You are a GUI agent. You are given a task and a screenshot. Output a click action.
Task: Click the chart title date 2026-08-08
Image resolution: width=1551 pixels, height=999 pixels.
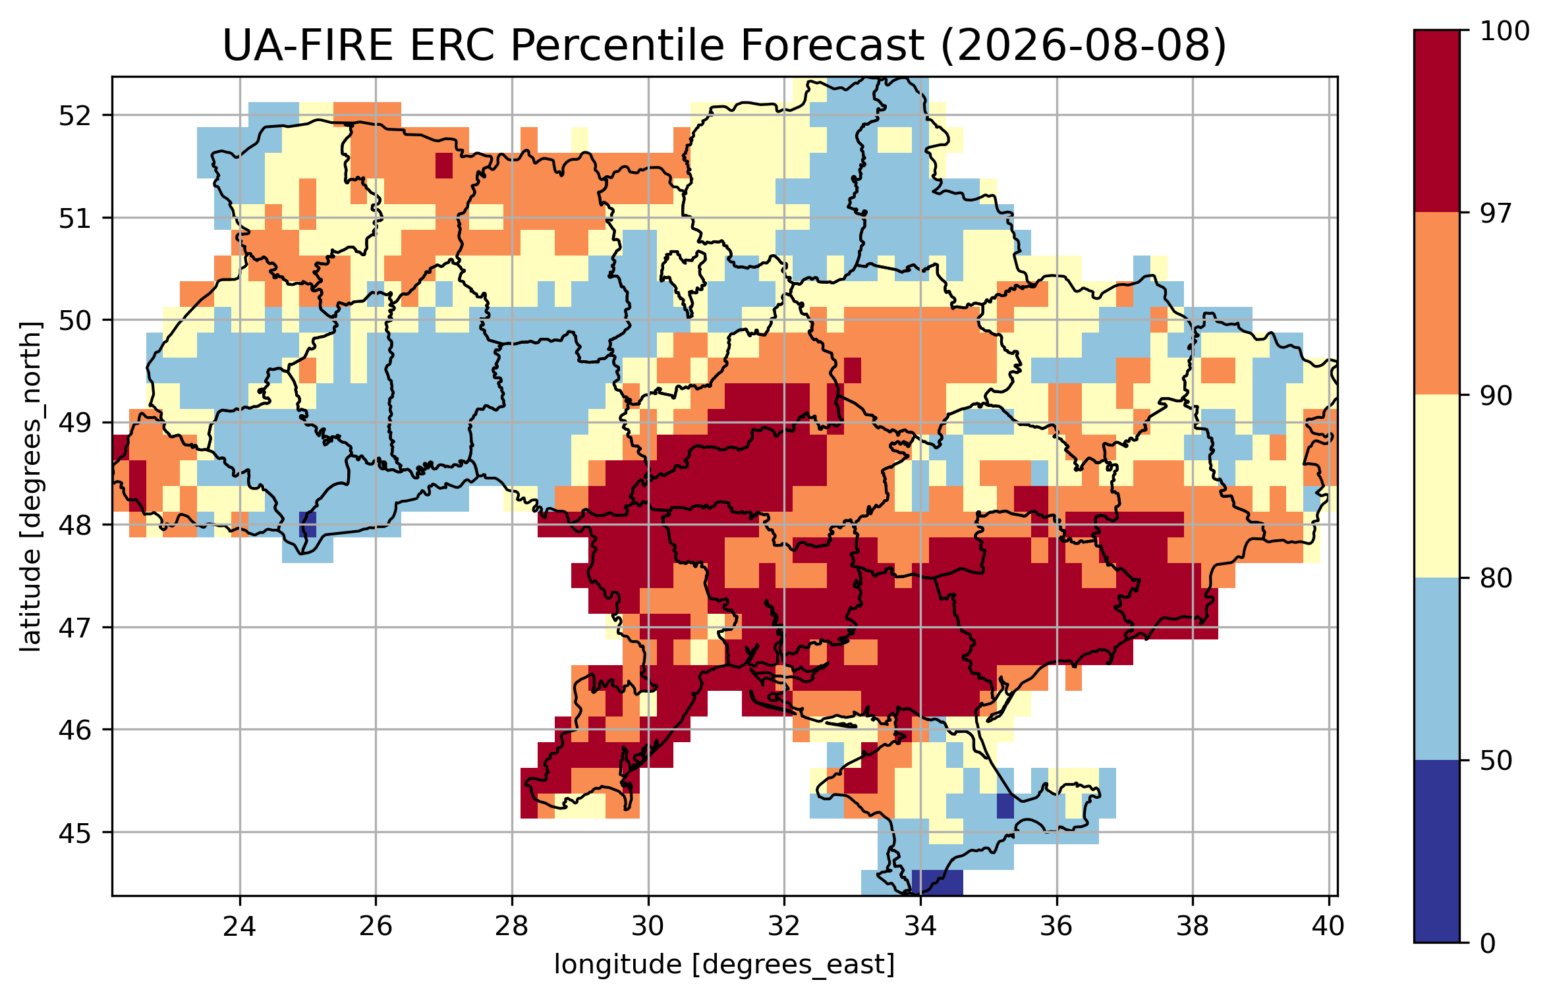(x=1083, y=46)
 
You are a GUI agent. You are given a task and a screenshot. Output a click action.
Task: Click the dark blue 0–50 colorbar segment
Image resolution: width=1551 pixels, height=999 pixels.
(x=1436, y=851)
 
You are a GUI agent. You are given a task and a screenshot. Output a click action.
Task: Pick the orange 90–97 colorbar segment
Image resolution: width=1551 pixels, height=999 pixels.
(x=1436, y=304)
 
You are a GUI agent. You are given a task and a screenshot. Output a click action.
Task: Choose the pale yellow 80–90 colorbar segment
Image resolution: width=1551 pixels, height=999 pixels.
(x=1436, y=486)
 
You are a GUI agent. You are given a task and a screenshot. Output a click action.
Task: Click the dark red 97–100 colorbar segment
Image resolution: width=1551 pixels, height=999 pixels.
(x=1436, y=121)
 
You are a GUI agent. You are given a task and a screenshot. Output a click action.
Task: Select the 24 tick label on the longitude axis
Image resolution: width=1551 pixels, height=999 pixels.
(x=239, y=927)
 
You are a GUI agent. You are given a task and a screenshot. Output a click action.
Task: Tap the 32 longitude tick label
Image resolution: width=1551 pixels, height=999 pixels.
(x=784, y=927)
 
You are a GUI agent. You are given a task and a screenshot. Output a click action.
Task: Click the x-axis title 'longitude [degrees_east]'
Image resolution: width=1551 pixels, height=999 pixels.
(x=725, y=965)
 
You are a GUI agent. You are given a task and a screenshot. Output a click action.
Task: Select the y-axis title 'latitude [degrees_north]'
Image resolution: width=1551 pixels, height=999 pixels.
(x=30, y=487)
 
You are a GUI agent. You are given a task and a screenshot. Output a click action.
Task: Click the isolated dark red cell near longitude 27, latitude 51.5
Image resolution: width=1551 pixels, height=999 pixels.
(x=444, y=165)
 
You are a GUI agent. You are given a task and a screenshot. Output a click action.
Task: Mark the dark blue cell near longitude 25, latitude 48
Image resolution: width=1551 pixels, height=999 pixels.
(x=308, y=524)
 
